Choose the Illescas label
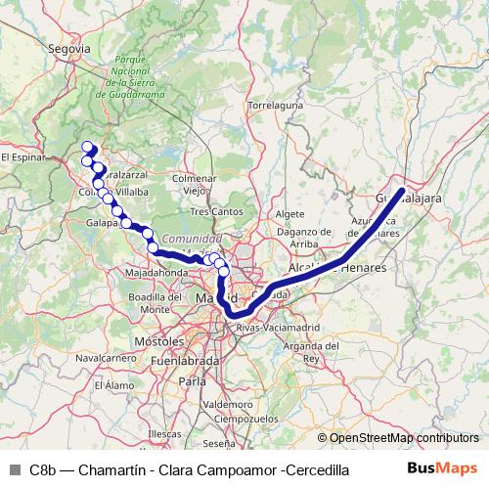[163, 431]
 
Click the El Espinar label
[22, 156]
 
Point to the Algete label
[290, 213]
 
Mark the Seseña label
[219, 443]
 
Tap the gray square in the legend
[14, 469]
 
